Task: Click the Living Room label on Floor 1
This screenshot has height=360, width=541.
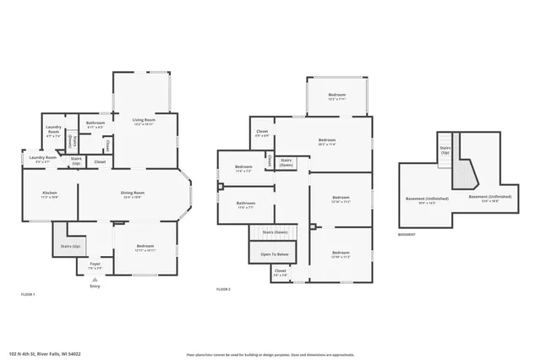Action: pyautogui.click(x=143, y=121)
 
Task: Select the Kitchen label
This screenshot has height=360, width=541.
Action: pyautogui.click(x=50, y=194)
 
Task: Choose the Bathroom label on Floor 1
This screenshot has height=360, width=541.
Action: pyautogui.click(x=95, y=123)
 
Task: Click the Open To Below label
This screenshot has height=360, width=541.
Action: pyautogui.click(x=275, y=254)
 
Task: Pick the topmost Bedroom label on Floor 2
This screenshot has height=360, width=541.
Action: pyautogui.click(x=337, y=95)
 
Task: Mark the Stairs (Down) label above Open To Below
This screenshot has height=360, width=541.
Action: pyautogui.click(x=275, y=232)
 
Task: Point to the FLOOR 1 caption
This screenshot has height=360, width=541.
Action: pyautogui.click(x=28, y=294)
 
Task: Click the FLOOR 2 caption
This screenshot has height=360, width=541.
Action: pyautogui.click(x=223, y=290)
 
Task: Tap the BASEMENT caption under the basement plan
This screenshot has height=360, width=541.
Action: pyautogui.click(x=407, y=234)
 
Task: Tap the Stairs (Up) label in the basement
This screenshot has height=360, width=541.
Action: pyautogui.click(x=445, y=151)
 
